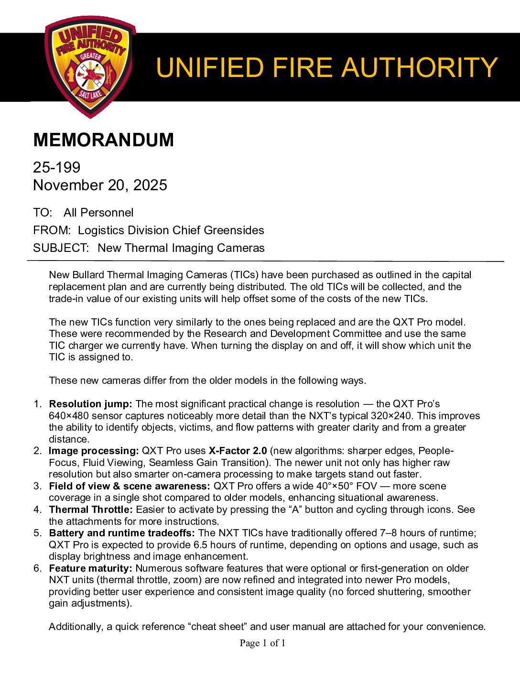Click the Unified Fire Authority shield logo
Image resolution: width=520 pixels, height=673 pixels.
pos(90,67)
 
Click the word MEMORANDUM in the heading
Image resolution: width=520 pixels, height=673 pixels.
pos(103,140)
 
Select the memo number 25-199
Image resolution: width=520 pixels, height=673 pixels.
pos(56,167)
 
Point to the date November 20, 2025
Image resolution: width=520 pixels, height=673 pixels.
pos(100,185)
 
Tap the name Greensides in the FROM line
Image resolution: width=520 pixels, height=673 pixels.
pos(234,230)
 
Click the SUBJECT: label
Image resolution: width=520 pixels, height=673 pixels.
pos(61,248)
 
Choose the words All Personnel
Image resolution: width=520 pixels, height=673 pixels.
pos(98,213)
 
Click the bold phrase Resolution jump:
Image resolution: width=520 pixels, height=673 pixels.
pos(90,404)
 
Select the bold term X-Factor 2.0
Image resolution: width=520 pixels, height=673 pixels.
pos(238,451)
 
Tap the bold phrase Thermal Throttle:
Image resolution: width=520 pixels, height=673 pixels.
pos(91,510)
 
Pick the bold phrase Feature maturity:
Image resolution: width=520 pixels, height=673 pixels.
pos(90,568)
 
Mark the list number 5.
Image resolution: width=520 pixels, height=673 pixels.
pos(37,533)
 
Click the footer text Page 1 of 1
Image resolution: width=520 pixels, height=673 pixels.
pos(262,643)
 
